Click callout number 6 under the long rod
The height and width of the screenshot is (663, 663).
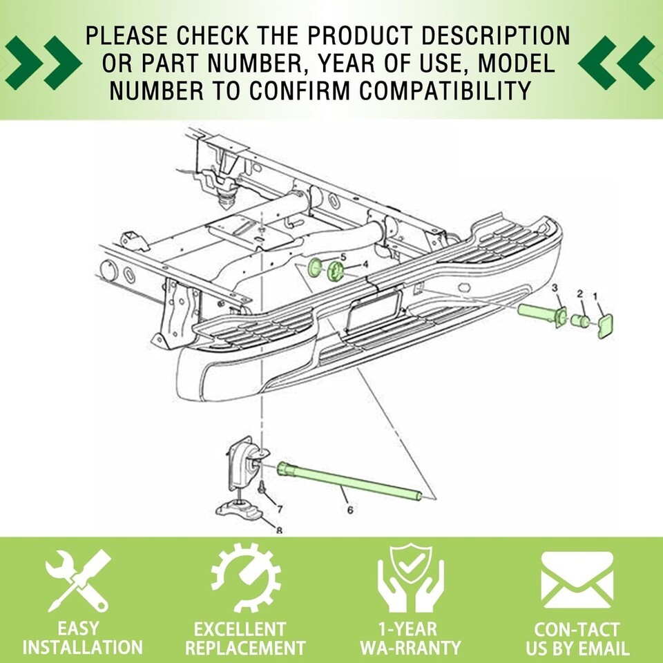[350, 510]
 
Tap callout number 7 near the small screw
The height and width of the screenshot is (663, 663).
[280, 509]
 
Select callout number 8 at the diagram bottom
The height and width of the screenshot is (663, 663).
[279, 530]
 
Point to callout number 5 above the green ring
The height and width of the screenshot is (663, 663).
[343, 257]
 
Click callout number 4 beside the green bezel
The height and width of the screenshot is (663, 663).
[365, 265]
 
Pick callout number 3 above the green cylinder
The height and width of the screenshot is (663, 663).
[555, 288]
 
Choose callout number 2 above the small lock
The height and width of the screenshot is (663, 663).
[579, 294]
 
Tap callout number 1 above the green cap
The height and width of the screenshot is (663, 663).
[595, 296]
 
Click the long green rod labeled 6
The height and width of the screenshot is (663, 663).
[349, 481]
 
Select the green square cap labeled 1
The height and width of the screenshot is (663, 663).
[606, 326]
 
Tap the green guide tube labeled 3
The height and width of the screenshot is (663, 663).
[542, 315]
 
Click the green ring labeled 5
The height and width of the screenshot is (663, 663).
[315, 268]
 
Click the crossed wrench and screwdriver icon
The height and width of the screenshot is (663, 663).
[78, 580]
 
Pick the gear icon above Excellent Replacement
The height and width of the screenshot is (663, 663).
[246, 578]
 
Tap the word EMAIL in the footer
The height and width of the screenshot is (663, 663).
[600, 648]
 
